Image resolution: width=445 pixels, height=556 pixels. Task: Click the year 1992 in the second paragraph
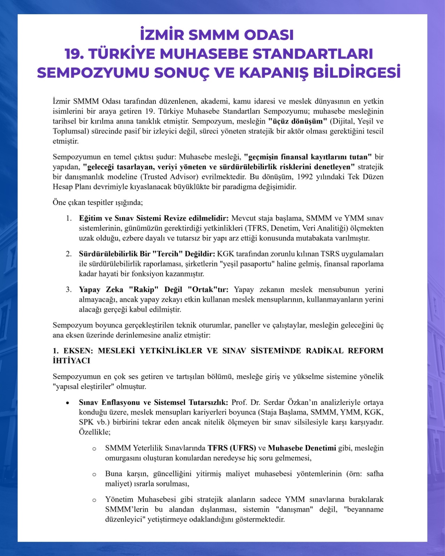[305, 177]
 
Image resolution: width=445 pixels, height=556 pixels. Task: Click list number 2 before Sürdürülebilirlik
[69, 254]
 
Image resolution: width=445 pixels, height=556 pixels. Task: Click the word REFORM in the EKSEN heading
[366, 351]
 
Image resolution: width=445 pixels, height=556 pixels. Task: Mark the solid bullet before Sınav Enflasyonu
[68, 403]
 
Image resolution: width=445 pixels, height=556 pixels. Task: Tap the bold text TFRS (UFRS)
[232, 448]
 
